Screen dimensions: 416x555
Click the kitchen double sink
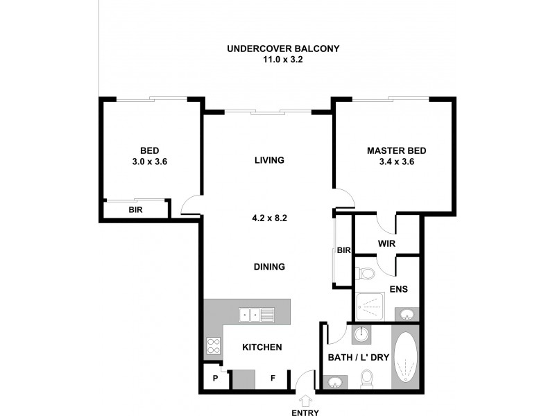256,315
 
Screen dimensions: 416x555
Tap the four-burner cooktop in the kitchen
214,345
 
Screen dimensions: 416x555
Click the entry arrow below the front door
306,400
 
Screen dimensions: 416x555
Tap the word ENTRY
306,413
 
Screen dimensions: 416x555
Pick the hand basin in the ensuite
407,315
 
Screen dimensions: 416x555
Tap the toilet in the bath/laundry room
367,377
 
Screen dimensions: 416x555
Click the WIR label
386,244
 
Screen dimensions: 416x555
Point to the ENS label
398,289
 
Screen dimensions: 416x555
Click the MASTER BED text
396,150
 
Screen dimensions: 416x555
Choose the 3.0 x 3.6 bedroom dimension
150,161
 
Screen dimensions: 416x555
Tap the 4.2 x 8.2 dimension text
269,217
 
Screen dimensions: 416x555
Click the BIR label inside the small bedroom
135,210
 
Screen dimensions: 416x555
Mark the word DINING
269,267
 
